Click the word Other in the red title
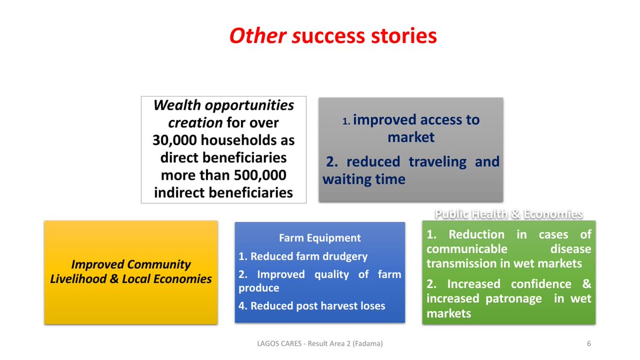tap(258, 36)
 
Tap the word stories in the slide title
tap(404, 36)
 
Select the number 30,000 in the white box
tap(174, 140)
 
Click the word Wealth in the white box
tap(177, 105)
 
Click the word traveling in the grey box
tap(437, 162)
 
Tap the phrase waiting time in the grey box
tap(364, 179)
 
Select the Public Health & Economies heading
tap(509, 214)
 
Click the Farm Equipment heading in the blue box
tap(319, 238)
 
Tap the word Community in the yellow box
tap(159, 265)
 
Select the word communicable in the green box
tap(467, 249)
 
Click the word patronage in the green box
tap(514, 299)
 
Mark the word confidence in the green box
tap(541, 284)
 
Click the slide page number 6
tap(589, 343)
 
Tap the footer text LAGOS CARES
tap(279, 343)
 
